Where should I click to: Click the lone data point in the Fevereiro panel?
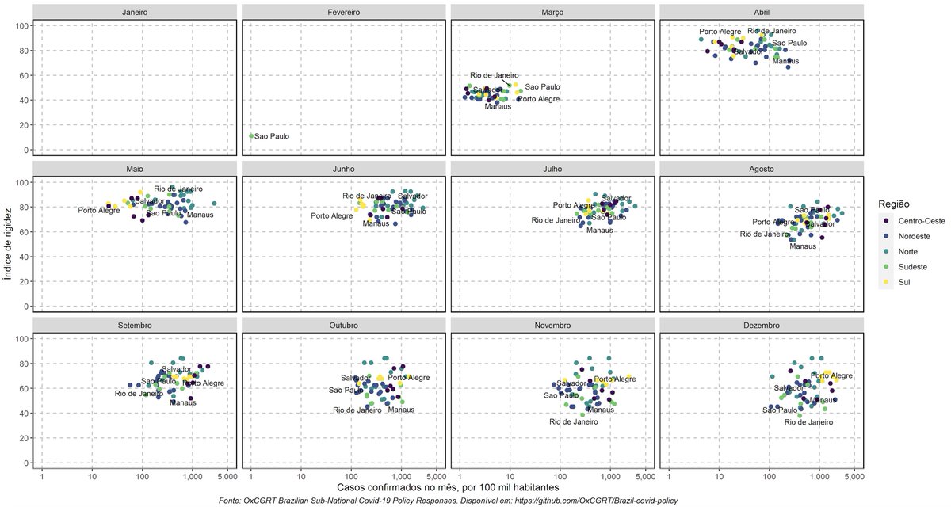tap(251, 136)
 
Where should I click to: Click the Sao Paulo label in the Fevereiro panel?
tap(272, 136)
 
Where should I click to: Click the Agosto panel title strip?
tap(762, 169)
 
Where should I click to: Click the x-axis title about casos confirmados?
tap(449, 488)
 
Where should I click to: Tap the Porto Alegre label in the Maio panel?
tap(97, 210)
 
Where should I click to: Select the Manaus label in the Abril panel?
tap(785, 61)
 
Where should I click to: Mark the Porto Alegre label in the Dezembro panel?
tap(831, 375)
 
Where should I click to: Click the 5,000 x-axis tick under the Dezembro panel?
tap(853, 475)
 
